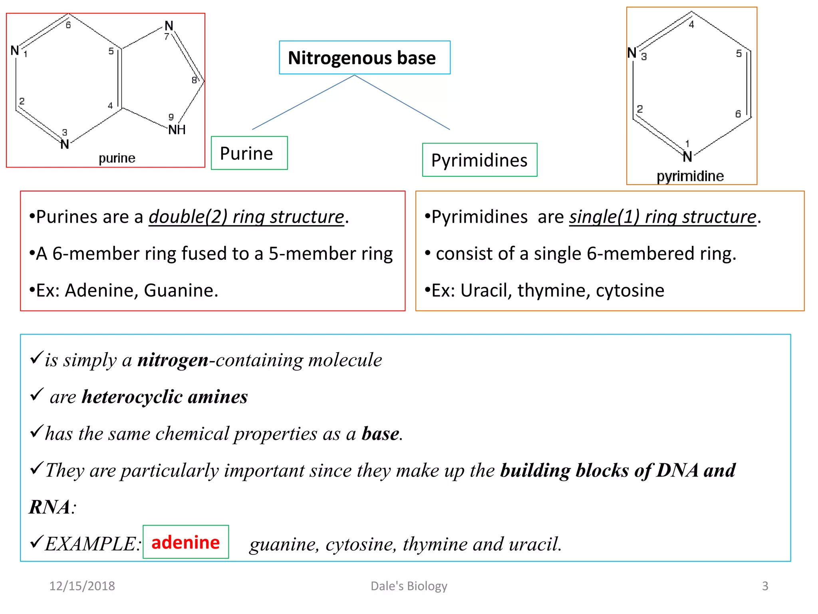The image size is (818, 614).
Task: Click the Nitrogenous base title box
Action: [364, 58]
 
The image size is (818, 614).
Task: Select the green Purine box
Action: [249, 153]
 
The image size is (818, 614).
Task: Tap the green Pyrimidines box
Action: [479, 160]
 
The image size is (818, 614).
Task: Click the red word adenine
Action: [186, 542]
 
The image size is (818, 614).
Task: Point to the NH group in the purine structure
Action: [177, 130]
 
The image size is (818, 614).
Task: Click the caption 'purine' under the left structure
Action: [117, 158]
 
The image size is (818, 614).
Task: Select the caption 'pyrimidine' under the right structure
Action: [690, 176]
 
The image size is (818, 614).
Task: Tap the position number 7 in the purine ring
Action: [167, 36]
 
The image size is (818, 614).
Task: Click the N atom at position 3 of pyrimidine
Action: [632, 52]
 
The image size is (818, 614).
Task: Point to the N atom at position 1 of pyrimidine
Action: [687, 157]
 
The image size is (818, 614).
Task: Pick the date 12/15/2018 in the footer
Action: [82, 586]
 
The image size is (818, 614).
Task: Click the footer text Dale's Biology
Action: [409, 586]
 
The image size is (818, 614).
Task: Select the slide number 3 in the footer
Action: [765, 586]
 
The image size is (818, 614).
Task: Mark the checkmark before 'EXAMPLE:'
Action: [36, 542]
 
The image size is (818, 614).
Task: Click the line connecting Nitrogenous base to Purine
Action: [304, 102]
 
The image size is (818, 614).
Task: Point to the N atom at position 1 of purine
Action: [15, 50]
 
